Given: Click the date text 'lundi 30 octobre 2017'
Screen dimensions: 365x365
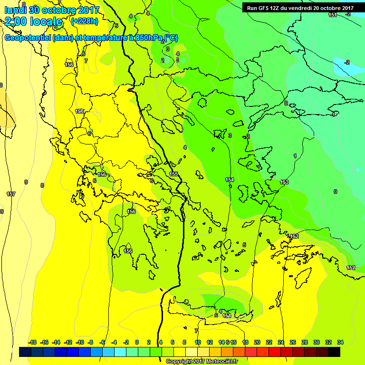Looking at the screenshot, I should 52,10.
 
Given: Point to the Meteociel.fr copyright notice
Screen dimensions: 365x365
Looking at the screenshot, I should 202,361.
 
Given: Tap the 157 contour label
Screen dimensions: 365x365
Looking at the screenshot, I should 10,194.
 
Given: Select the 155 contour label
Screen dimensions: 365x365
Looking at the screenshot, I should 173,174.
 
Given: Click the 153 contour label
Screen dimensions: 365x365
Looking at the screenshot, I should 284,182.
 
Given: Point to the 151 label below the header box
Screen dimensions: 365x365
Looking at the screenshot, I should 333,15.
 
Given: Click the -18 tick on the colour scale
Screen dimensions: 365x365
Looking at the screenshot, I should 33,342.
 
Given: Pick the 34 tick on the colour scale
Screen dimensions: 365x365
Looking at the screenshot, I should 340,342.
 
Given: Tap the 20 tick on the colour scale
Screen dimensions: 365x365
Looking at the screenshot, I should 257,342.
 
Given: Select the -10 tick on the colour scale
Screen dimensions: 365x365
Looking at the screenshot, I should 80,342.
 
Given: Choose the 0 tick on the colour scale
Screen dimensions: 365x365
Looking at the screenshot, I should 137,342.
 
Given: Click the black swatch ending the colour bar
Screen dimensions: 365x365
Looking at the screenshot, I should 334,352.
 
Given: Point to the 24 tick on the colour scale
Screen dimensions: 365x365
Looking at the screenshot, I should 281,342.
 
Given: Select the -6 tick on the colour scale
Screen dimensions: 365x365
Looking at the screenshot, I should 102,342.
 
